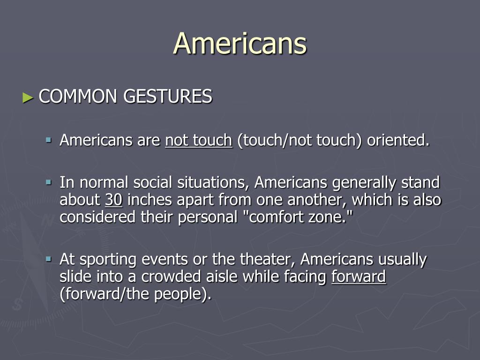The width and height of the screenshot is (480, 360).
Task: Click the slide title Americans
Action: (240, 44)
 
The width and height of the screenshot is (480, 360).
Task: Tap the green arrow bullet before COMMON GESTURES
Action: (28, 98)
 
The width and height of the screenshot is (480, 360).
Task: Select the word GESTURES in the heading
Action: (168, 96)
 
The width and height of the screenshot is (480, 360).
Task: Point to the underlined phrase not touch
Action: (199, 140)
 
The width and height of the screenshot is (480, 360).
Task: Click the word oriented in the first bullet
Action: (398, 140)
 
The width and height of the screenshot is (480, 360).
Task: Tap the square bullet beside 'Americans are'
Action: (48, 140)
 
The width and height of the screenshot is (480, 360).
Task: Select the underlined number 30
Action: (113, 200)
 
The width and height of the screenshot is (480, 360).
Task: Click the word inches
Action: (150, 200)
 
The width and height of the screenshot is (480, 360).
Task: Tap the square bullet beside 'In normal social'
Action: (48, 183)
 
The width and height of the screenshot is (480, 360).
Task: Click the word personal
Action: (208, 217)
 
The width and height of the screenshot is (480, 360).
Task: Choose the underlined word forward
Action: (359, 277)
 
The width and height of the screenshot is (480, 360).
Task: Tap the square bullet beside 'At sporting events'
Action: (48, 259)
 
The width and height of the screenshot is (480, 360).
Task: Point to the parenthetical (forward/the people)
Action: (135, 294)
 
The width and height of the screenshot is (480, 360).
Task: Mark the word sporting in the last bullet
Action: (108, 260)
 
